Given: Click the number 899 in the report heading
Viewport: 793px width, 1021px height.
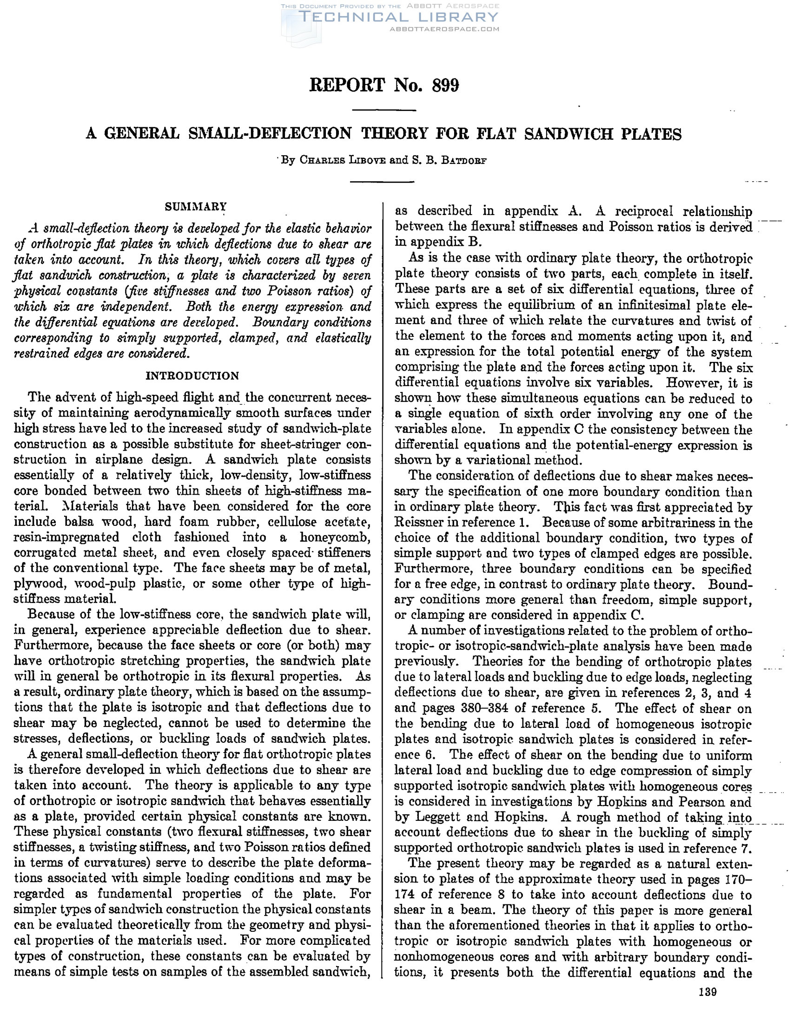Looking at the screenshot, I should [445, 85].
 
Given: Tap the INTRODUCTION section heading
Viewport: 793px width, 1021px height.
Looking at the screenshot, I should [192, 376].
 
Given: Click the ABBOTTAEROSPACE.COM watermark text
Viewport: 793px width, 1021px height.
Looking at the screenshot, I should [444, 29].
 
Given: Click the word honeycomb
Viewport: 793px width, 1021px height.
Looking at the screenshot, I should [335, 537].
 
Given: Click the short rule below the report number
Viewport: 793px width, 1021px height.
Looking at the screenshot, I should [383, 111].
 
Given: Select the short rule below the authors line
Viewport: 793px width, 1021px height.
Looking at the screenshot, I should [383, 181].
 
